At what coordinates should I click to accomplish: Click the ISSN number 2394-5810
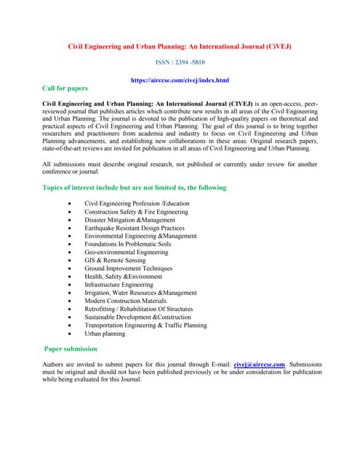pos(180,63)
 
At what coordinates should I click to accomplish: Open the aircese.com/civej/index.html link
pos(180,80)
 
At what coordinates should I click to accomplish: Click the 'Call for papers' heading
pos(65,88)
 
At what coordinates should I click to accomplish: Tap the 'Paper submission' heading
pos(71,348)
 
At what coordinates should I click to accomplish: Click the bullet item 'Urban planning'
pos(105,333)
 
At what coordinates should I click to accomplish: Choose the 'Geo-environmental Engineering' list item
pos(127,252)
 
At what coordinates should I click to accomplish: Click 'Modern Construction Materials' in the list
pos(125,301)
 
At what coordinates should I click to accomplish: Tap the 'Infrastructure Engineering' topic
pos(119,285)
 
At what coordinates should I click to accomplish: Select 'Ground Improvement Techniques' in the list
pos(129,268)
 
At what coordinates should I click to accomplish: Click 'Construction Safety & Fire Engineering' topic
pos(136,211)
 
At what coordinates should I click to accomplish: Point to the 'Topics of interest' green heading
pos(135,187)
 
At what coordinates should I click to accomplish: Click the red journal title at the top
pos(180,46)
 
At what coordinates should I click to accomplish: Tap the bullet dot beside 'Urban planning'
pos(68,334)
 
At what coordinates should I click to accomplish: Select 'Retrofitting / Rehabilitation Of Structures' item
pos(139,309)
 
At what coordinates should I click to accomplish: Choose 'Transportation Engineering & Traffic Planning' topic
pos(145,325)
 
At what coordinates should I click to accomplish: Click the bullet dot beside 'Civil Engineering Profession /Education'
pos(68,204)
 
